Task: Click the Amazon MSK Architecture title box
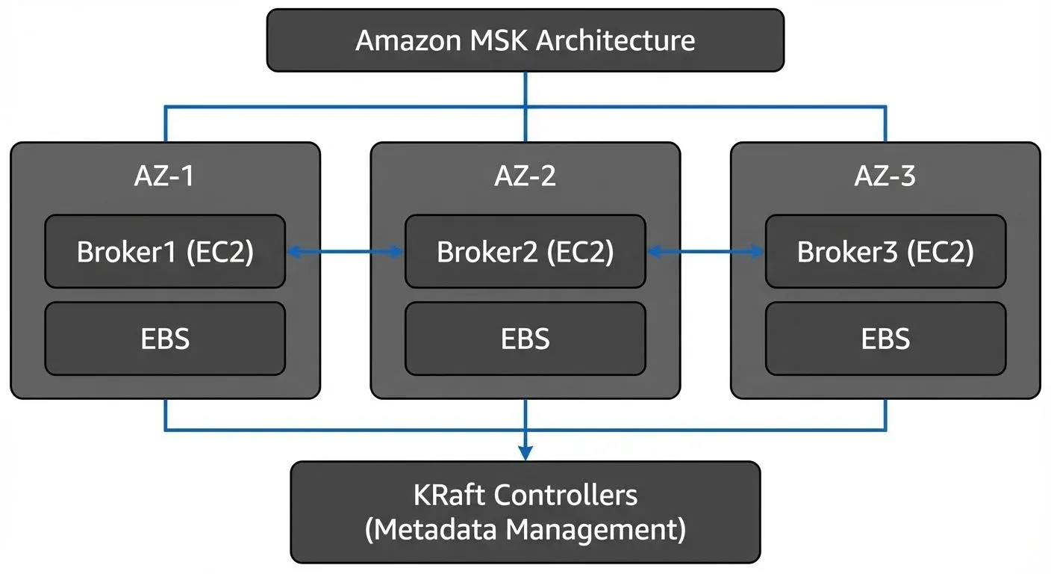(525, 40)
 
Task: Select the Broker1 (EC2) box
(165, 252)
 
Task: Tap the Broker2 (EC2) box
(525, 252)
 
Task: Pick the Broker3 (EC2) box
(885, 252)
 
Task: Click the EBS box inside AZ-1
(165, 339)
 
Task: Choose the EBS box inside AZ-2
(525, 339)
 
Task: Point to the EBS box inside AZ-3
(885, 339)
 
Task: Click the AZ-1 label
(165, 176)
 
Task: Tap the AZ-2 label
(525, 176)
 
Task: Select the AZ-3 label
(885, 176)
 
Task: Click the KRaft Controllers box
(525, 512)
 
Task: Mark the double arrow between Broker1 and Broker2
(345, 253)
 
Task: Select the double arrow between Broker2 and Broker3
(705, 253)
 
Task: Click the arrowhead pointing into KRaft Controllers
(525, 453)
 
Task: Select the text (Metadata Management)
(525, 530)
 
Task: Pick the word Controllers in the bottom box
(567, 495)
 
